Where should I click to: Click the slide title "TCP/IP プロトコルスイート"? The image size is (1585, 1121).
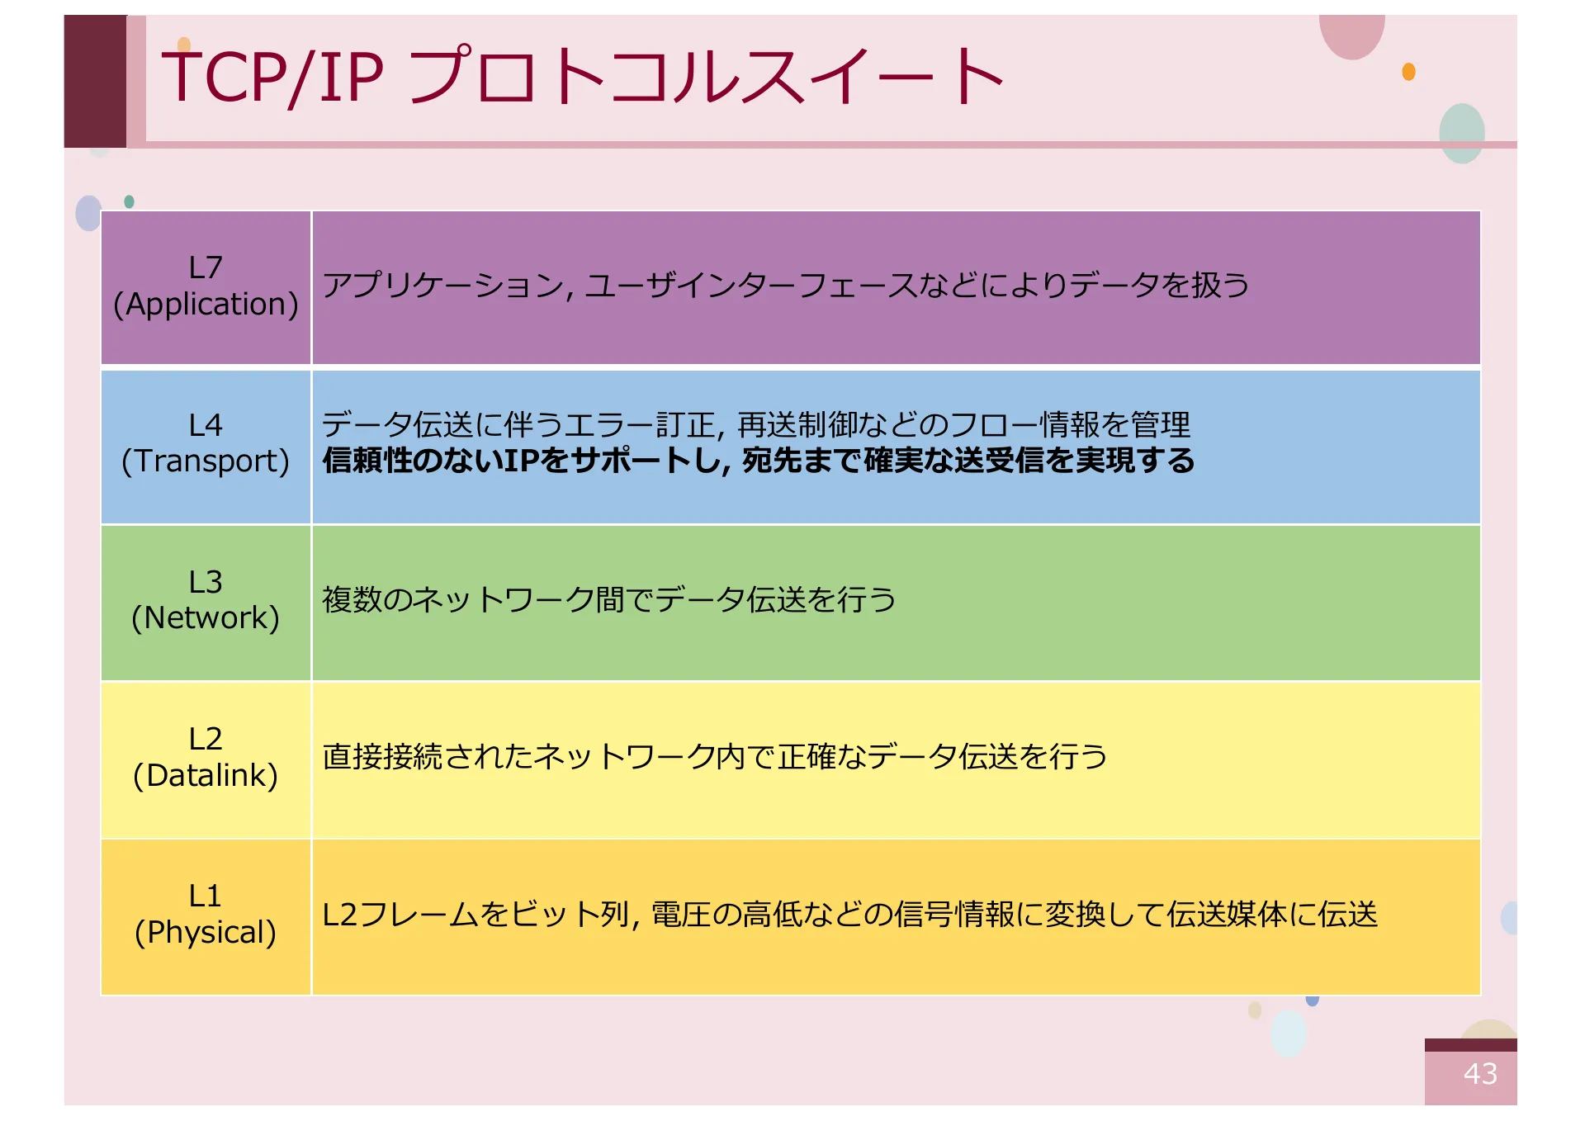point(582,76)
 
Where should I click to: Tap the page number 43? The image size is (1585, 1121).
point(1480,1073)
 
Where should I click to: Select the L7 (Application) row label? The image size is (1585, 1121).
point(206,286)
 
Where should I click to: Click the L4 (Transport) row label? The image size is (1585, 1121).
point(206,442)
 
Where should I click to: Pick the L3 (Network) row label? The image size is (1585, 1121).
point(206,599)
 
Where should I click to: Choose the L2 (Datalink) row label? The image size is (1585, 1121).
point(206,757)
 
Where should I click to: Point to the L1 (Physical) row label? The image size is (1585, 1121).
point(206,914)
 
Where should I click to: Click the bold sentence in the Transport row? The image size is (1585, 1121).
point(759,460)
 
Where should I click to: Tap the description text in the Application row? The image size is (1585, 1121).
point(785,285)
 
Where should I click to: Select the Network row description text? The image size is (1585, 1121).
point(609,599)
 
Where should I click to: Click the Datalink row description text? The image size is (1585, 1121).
point(715,756)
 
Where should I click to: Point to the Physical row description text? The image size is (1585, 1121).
point(850,914)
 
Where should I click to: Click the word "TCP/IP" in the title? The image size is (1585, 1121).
point(272,76)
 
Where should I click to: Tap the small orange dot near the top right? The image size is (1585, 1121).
point(1408,72)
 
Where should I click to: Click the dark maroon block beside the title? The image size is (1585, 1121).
point(96,81)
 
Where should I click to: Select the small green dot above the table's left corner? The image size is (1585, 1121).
point(129,201)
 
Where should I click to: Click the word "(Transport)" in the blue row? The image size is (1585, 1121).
point(206,461)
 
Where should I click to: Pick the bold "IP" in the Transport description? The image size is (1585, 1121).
point(520,460)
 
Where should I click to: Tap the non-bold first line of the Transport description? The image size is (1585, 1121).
point(756,425)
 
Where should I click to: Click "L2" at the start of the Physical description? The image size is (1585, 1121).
point(340,915)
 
